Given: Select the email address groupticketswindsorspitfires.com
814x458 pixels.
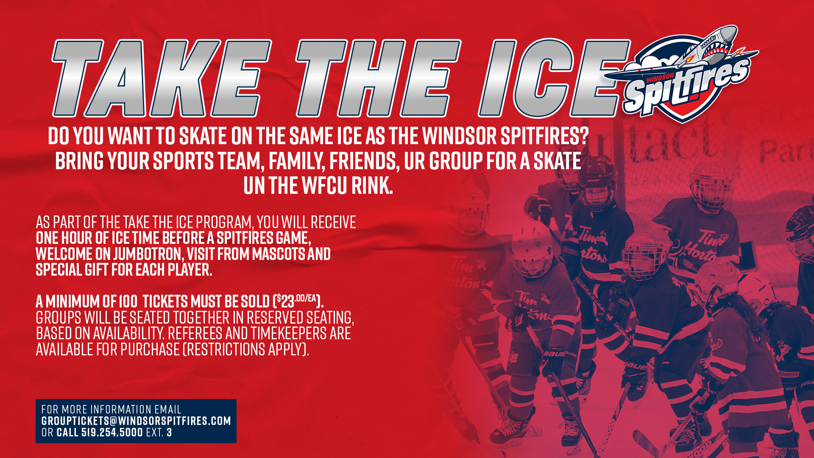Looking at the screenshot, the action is [x=136, y=421].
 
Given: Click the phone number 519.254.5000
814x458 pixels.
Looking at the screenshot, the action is [x=112, y=433].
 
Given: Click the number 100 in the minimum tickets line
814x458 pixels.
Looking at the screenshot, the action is [x=128, y=302].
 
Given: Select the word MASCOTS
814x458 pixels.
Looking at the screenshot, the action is [x=279, y=254].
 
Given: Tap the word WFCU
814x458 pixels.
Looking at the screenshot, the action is [x=324, y=186].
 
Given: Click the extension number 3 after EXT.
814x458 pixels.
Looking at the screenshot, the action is [x=169, y=433].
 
